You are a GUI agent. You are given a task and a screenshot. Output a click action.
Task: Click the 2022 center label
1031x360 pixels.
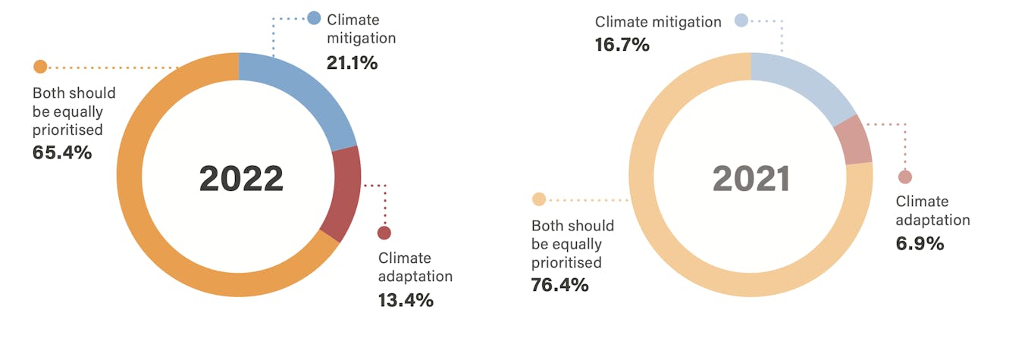pyautogui.click(x=241, y=179)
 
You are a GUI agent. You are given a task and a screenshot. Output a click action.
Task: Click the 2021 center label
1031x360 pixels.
pyautogui.click(x=751, y=179)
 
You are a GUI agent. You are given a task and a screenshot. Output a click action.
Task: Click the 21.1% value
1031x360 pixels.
pyautogui.click(x=352, y=63)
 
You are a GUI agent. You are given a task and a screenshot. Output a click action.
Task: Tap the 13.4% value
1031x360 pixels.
pyautogui.click(x=406, y=300)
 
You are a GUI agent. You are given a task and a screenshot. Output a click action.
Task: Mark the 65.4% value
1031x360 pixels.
pyautogui.click(x=62, y=152)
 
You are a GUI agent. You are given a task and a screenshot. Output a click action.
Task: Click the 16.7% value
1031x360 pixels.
pyautogui.click(x=622, y=45)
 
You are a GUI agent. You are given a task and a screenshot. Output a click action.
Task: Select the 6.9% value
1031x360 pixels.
pyautogui.click(x=920, y=244)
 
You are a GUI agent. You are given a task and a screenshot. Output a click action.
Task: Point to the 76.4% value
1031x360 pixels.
pyautogui.click(x=560, y=286)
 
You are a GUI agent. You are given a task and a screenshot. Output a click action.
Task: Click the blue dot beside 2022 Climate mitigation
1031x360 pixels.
pyautogui.click(x=314, y=18)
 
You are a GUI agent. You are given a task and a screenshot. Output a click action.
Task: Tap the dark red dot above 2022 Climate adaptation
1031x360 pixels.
pyautogui.click(x=384, y=233)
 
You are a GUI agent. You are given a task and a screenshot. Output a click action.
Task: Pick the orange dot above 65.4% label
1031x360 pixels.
pyautogui.click(x=40, y=67)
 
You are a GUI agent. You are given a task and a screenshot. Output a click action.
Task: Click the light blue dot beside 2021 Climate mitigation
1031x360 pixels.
pyautogui.click(x=741, y=20)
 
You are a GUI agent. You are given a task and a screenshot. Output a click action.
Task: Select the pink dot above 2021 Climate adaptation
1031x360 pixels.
pyautogui.click(x=904, y=177)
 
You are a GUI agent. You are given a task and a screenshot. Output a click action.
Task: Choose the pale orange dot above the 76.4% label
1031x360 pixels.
pyautogui.click(x=539, y=199)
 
